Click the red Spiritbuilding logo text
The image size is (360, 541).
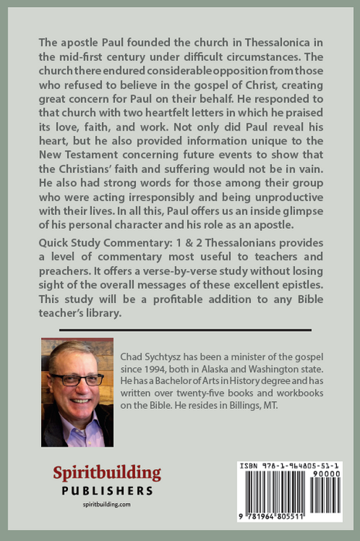(107, 474)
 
